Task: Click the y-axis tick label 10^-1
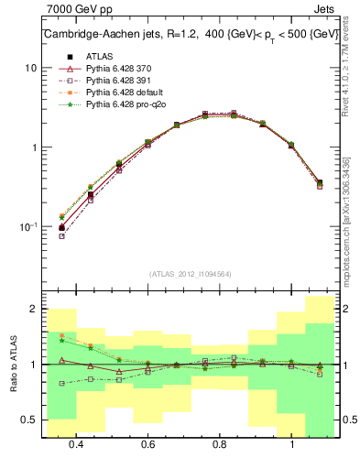pyautogui.click(x=28, y=227)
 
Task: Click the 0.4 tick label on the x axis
pyautogui.click(x=76, y=444)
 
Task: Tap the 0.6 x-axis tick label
pyautogui.click(x=147, y=444)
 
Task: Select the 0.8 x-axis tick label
pyautogui.click(x=220, y=444)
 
